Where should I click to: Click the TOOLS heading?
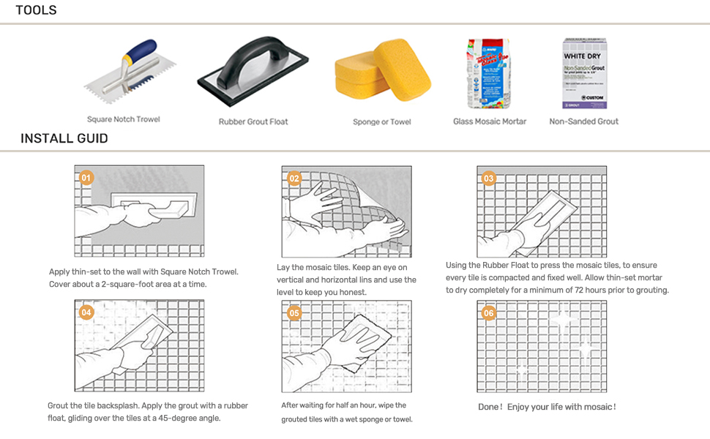click(36, 10)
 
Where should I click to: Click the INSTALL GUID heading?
click(64, 138)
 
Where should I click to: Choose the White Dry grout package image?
click(584, 73)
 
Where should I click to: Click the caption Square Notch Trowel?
click(123, 119)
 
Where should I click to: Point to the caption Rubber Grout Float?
click(253, 121)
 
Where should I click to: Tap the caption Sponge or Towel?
click(381, 121)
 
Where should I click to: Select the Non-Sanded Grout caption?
click(583, 121)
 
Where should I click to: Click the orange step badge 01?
click(86, 178)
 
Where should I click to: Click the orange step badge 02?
click(294, 178)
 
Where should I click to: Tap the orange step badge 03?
click(489, 178)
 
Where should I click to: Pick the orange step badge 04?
click(86, 312)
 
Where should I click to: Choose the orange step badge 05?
click(294, 312)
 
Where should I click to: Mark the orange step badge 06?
click(489, 312)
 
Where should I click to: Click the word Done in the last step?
click(490, 407)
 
